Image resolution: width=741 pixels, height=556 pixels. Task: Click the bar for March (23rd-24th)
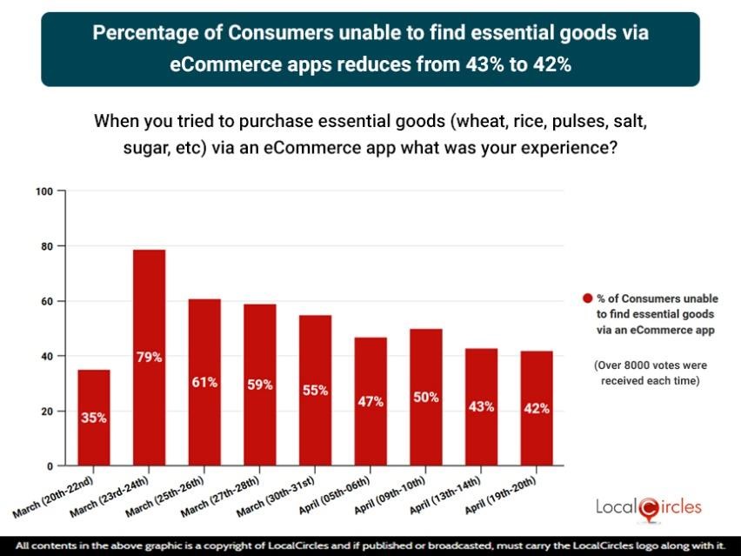pyautogui.click(x=149, y=357)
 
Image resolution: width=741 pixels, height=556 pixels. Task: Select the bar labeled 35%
pyautogui.click(x=94, y=418)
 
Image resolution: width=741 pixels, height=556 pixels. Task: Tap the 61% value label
pyautogui.click(x=204, y=382)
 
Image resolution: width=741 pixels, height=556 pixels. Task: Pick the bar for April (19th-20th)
pyautogui.click(x=536, y=408)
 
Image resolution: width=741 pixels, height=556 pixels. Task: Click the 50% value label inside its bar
pyautogui.click(x=425, y=398)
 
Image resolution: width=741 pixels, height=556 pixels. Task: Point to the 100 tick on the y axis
pyautogui.click(x=44, y=191)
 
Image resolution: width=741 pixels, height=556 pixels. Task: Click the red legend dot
pyautogui.click(x=587, y=299)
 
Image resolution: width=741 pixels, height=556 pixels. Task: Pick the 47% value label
pyautogui.click(x=370, y=401)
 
